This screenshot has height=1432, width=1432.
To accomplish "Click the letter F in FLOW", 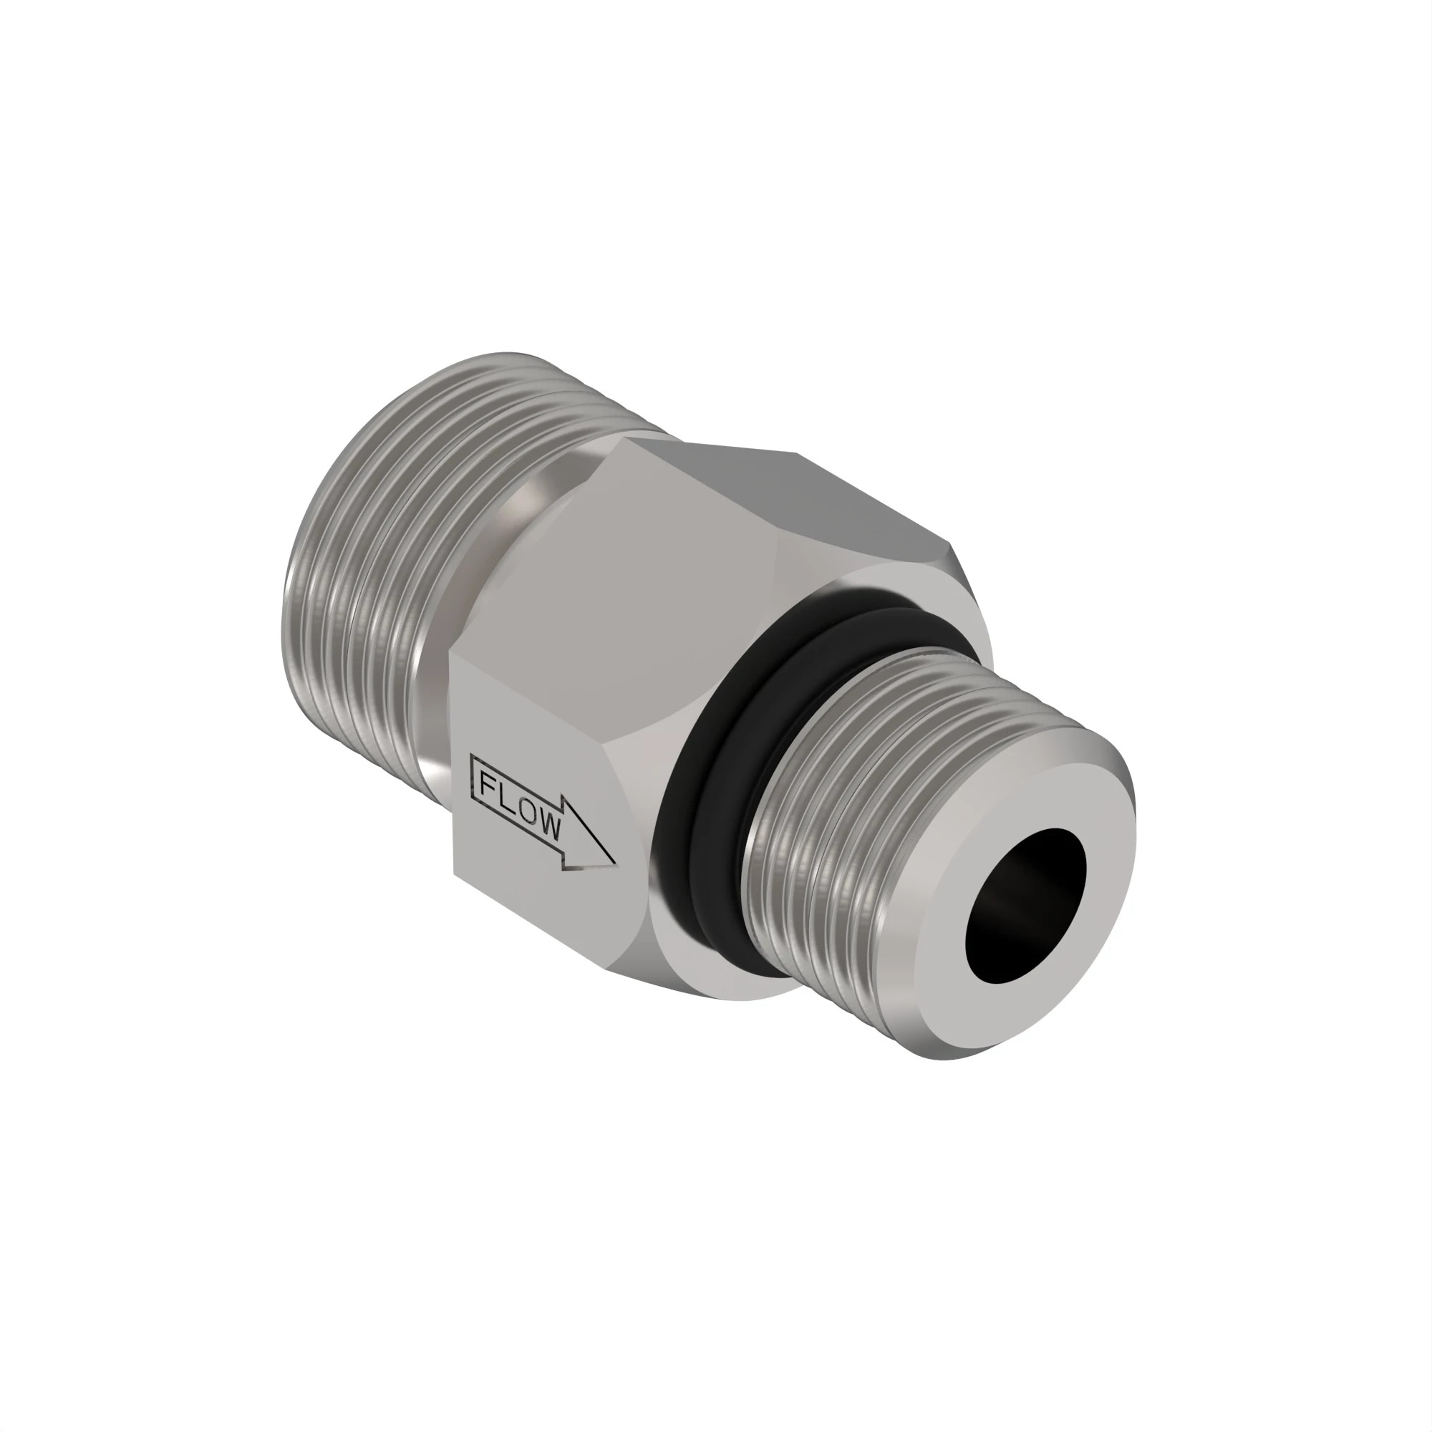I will pos(488,784).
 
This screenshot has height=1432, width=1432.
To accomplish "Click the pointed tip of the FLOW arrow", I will pos(613,863).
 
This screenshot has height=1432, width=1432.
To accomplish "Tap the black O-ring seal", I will pos(712,741).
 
